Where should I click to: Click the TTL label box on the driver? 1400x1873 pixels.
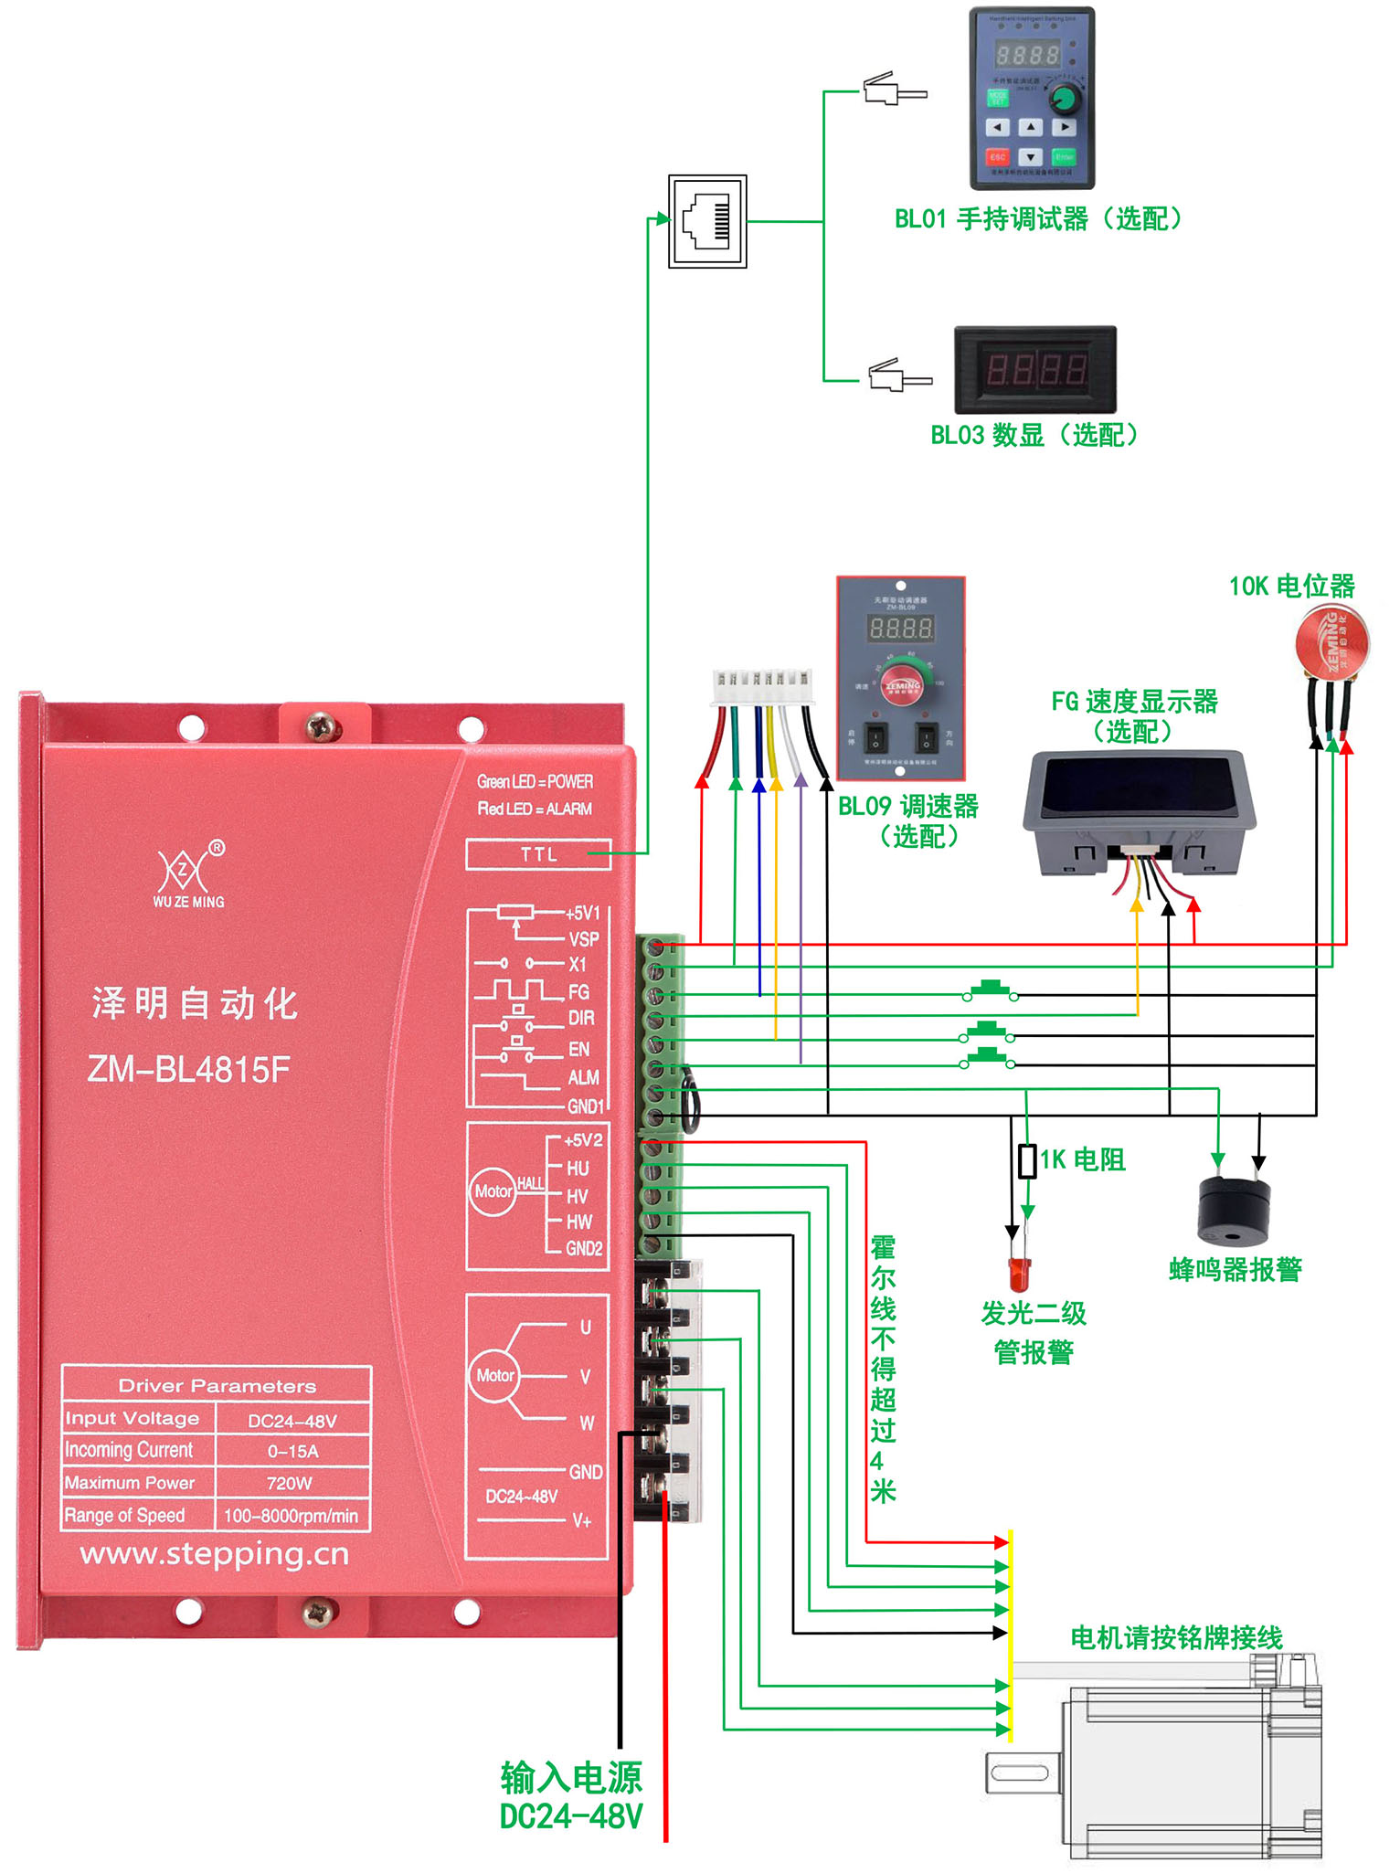pyautogui.click(x=538, y=854)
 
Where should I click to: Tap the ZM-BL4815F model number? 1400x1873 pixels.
pyautogui.click(x=189, y=1068)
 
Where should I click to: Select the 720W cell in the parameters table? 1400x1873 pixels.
pyautogui.click(x=291, y=1483)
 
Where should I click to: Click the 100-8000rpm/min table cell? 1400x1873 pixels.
pyautogui.click(x=291, y=1516)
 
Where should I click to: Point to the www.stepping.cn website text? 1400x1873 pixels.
pyautogui.click(x=215, y=1554)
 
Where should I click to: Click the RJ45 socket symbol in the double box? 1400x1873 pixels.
pyautogui.click(x=707, y=221)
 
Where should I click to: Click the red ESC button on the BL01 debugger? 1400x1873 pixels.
pyautogui.click(x=998, y=157)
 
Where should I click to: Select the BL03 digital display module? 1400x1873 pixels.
pyautogui.click(x=1035, y=369)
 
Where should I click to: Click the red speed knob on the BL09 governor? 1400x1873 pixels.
pyautogui.click(x=902, y=684)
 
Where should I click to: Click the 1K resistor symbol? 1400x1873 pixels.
pyautogui.click(x=1027, y=1160)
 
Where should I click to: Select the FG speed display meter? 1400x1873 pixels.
pyautogui.click(x=1140, y=798)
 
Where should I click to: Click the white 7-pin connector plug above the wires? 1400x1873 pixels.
pyautogui.click(x=762, y=686)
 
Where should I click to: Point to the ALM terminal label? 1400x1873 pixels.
pyautogui.click(x=583, y=1077)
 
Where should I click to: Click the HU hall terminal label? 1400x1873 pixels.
pyautogui.click(x=578, y=1168)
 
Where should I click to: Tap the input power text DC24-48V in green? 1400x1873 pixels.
pyautogui.click(x=571, y=1816)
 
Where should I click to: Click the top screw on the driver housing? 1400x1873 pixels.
pyautogui.click(x=323, y=727)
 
